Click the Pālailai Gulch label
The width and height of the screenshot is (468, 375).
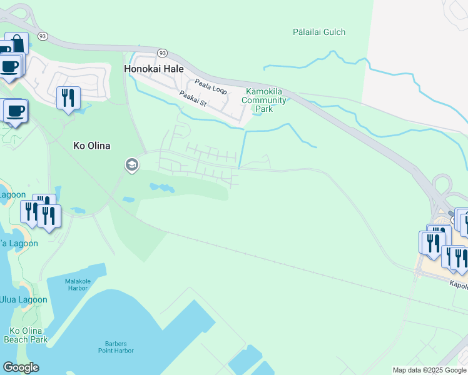coord(319,32)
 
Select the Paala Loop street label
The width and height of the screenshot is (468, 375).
coord(210,86)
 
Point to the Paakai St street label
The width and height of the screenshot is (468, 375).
coord(192,98)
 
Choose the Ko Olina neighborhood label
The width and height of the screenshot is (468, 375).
coord(92,146)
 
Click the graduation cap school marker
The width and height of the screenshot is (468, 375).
coord(131,165)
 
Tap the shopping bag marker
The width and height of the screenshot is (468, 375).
coord(17,44)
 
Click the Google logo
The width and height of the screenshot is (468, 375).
coord(21,367)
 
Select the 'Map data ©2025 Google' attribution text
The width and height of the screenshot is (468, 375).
coord(429,370)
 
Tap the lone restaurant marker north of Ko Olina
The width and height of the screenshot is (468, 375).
coord(68,97)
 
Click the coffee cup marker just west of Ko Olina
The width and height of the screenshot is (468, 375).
coord(16,111)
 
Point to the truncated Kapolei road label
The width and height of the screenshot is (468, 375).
coord(459,284)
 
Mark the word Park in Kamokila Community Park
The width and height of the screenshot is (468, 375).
coord(264,109)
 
